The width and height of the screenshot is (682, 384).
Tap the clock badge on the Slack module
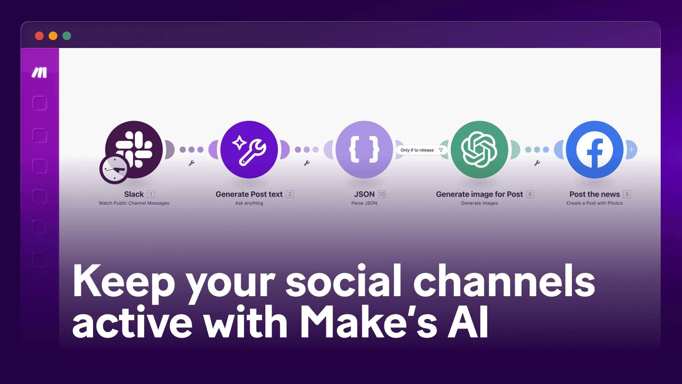pyautogui.click(x=114, y=169)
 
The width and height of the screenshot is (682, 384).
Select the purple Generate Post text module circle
pyautogui.click(x=249, y=150)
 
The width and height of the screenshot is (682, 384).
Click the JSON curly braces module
pyautogui.click(x=364, y=150)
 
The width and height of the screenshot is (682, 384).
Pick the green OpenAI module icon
pyautogui.click(x=479, y=150)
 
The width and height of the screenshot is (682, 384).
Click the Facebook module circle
pyautogui.click(x=594, y=150)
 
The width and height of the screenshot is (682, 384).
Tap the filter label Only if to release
pyautogui.click(x=417, y=150)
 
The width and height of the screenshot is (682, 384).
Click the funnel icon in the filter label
pyautogui.click(x=441, y=150)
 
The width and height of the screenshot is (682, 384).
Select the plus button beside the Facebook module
pyautogui.click(x=632, y=150)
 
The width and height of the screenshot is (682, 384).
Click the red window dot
pyautogui.click(x=39, y=36)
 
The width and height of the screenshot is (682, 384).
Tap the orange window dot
pyautogui.click(x=53, y=36)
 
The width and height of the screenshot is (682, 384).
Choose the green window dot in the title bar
pyautogui.click(x=67, y=36)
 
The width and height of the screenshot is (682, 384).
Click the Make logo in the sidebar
pyautogui.click(x=39, y=73)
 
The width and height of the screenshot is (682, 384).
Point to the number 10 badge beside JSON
pyautogui.click(x=382, y=194)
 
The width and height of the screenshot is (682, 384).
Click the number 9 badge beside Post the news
pyautogui.click(x=627, y=194)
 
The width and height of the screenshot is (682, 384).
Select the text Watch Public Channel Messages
pyautogui.click(x=134, y=203)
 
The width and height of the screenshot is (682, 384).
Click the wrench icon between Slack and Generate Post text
pyautogui.click(x=191, y=163)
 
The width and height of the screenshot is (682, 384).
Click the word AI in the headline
pyautogui.click(x=468, y=322)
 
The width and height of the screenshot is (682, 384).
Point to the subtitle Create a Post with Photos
pyautogui.click(x=594, y=203)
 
